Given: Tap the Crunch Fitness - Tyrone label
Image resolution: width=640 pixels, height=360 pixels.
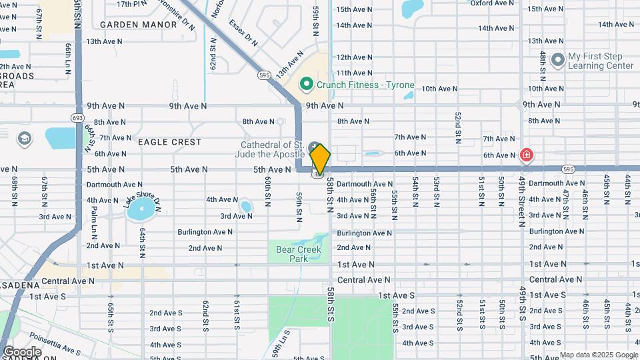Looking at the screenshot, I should click(x=365, y=85).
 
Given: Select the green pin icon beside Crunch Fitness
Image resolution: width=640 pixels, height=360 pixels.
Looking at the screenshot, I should click(x=307, y=85).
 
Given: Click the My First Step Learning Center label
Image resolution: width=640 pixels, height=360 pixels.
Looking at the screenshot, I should click(x=601, y=61).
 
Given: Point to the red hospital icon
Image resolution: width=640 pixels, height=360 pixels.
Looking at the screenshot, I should click(x=527, y=155).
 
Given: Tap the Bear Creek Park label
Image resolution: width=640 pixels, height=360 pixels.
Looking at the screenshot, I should click(x=298, y=254).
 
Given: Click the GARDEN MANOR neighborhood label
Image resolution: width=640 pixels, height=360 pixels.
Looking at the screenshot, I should click(x=139, y=25).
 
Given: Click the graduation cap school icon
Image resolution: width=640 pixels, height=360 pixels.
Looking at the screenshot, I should click(x=25, y=139).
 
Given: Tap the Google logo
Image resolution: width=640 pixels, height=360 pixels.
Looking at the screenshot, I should click(x=22, y=352).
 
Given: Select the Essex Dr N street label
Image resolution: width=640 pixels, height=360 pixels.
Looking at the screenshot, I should click(x=243, y=31).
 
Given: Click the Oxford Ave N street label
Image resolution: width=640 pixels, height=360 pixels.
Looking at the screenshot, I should click(x=491, y=3).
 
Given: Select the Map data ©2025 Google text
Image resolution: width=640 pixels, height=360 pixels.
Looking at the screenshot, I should click(x=597, y=355).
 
